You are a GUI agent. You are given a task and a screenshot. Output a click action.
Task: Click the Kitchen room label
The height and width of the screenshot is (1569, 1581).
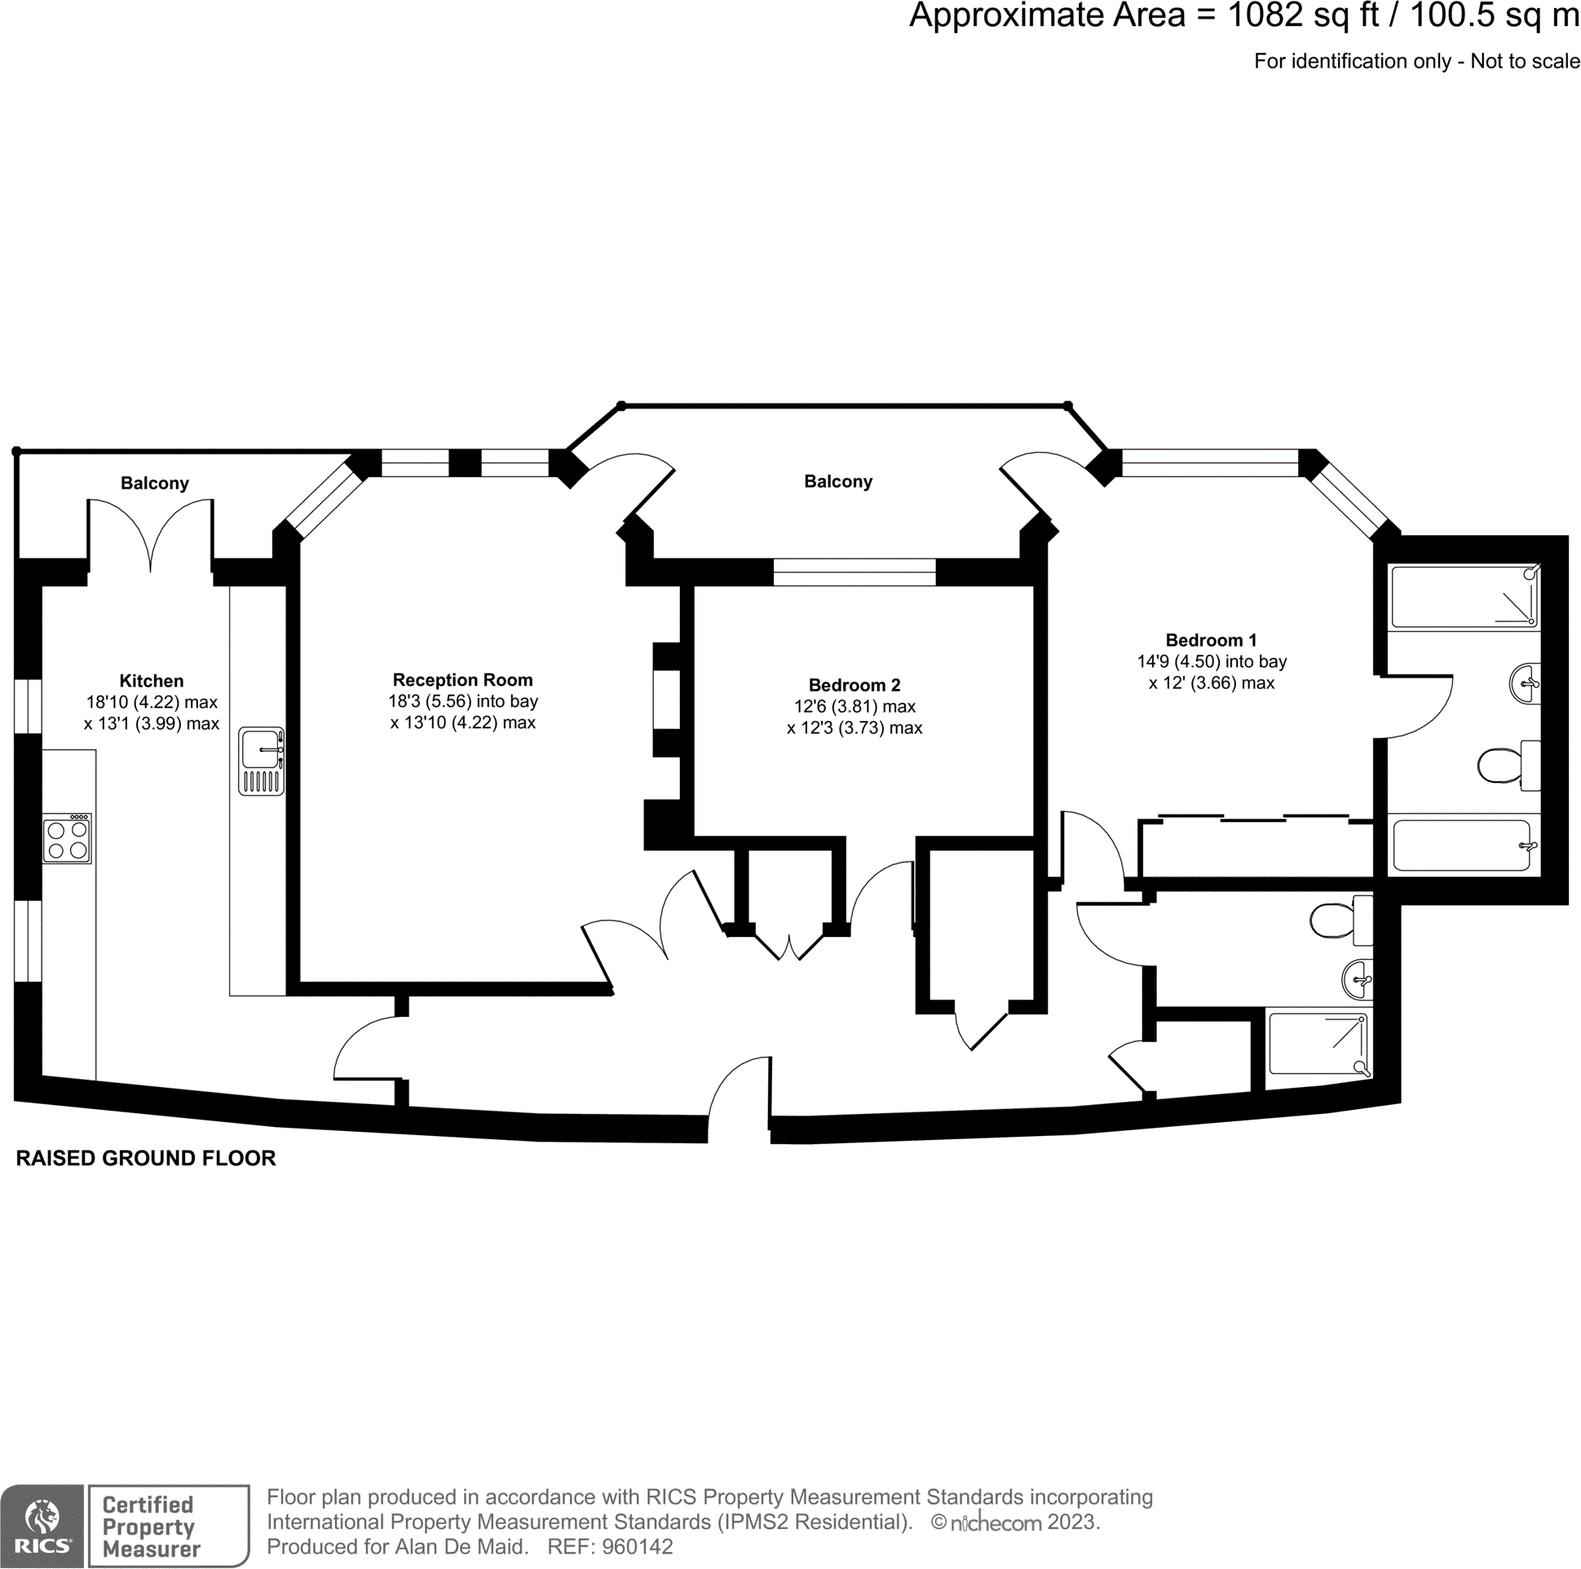(x=152, y=681)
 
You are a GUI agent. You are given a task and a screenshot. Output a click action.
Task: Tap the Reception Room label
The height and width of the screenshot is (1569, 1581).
(x=462, y=680)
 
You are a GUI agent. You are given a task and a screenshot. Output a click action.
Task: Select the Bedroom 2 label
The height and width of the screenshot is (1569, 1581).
(x=855, y=685)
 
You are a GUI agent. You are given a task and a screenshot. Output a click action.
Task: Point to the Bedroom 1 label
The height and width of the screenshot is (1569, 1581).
(x=1210, y=640)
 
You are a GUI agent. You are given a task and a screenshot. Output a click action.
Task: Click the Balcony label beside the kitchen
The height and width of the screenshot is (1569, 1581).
(x=155, y=483)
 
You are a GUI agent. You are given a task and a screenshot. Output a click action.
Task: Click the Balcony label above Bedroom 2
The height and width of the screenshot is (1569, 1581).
(x=838, y=481)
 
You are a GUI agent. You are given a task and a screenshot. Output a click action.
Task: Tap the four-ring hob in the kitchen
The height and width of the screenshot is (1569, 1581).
(x=68, y=839)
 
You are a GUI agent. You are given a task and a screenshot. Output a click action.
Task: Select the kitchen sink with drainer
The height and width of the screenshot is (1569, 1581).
(x=262, y=762)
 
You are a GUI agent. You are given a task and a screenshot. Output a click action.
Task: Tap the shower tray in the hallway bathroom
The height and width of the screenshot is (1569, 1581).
(x=1318, y=1045)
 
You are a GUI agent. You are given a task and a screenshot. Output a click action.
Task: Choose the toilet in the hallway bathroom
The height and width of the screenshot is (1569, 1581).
(x=1340, y=921)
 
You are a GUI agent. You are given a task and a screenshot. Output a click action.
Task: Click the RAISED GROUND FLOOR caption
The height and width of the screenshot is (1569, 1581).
(x=146, y=1158)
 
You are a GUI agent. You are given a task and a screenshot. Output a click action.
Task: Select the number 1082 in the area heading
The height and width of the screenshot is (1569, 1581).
(x=1265, y=16)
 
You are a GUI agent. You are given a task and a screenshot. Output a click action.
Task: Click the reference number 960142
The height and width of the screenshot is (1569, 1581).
(x=637, y=1546)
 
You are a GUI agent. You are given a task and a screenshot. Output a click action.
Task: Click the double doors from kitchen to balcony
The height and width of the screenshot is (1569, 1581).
(x=151, y=536)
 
